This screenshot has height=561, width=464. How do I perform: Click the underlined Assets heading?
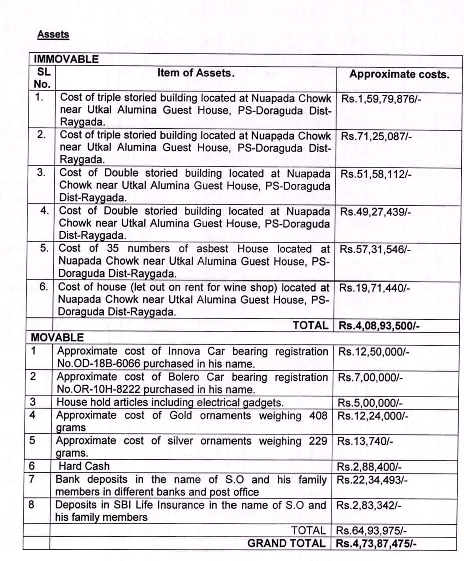[x=53, y=35]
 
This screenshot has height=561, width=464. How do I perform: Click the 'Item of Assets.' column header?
[x=195, y=73]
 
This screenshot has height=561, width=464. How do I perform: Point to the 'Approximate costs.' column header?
[x=399, y=74]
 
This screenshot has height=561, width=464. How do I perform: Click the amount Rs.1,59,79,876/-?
[x=381, y=99]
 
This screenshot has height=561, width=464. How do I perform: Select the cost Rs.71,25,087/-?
[x=376, y=136]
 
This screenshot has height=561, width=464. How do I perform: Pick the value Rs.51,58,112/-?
[x=376, y=174]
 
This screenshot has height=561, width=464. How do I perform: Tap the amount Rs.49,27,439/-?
[x=376, y=212]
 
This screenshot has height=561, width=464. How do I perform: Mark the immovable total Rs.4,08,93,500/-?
[x=379, y=326]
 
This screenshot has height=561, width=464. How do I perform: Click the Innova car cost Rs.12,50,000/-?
[x=374, y=352]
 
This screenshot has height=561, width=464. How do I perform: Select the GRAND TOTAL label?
[x=286, y=543]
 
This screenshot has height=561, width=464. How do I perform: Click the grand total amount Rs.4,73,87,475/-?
[x=377, y=543]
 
